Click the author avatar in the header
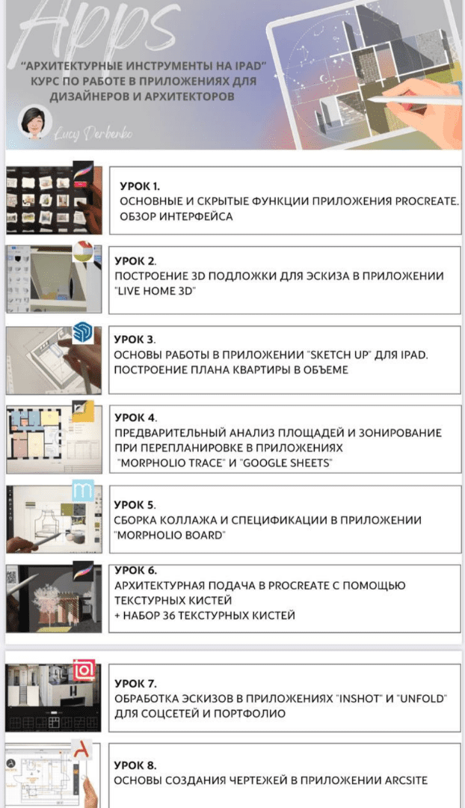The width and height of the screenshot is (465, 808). click(34, 122)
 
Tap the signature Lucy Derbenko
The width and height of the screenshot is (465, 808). click(93, 133)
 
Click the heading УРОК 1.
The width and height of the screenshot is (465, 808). click(140, 186)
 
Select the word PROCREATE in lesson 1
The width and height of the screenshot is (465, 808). click(427, 201)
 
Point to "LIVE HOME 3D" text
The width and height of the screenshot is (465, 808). click(155, 291)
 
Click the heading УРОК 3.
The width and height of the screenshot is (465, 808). click(135, 340)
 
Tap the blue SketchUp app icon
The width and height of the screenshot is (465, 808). click(82, 332)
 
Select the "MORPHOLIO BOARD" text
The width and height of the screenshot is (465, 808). click(170, 535)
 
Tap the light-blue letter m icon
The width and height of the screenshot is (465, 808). click(83, 491)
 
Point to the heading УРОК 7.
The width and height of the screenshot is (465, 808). click(135, 684)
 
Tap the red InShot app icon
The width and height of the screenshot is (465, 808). click(84, 670)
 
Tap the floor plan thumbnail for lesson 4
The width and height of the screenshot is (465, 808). click(54, 439)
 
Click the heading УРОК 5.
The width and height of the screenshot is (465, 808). click(135, 505)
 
